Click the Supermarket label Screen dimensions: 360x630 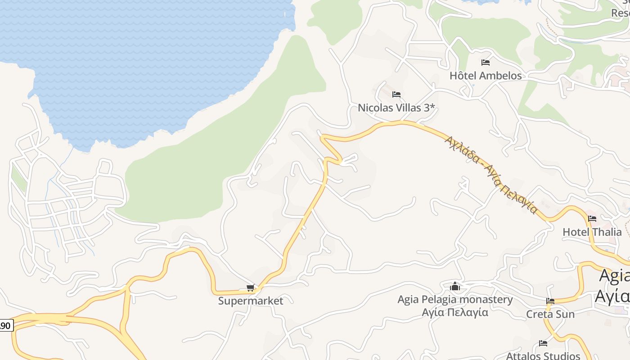pyautogui.click(x=251, y=301)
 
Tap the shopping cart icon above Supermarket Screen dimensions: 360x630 pyautogui.click(x=250, y=288)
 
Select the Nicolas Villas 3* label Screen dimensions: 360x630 pyautogui.click(x=396, y=108)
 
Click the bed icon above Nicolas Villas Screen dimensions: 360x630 pyautogui.click(x=396, y=94)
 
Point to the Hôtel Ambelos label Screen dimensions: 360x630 pyautogui.click(x=486, y=76)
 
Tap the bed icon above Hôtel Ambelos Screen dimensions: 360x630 pyautogui.click(x=485, y=63)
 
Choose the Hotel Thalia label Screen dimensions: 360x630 pyautogui.click(x=592, y=232)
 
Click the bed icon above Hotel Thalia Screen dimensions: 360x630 pyautogui.click(x=592, y=219)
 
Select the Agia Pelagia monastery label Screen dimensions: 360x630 pyautogui.click(x=455, y=300)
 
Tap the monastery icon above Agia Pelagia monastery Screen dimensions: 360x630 pyautogui.click(x=455, y=286)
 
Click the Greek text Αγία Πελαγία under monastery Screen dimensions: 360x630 pyautogui.click(x=455, y=312)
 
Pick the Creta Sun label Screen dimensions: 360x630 pyautogui.click(x=550, y=314)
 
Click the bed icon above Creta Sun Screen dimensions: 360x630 pyautogui.click(x=550, y=301)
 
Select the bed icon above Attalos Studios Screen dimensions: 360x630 pyautogui.click(x=543, y=343)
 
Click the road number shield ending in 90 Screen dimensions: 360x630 pyautogui.click(x=6, y=325)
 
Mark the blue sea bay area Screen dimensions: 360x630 pyautogui.click(x=135, y=58)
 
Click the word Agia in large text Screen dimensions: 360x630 pyautogui.click(x=615, y=276)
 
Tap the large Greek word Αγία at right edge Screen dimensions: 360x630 pyautogui.click(x=612, y=296)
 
